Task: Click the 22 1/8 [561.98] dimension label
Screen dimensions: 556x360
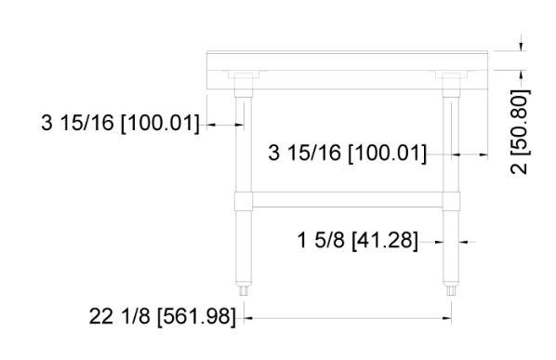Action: (x=162, y=316)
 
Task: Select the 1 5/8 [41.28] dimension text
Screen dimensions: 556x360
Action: (x=357, y=240)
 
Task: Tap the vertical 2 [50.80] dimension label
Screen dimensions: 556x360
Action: (x=520, y=131)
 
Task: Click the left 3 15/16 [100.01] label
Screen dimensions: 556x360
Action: (x=120, y=123)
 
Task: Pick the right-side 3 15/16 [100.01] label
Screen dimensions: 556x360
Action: (x=348, y=153)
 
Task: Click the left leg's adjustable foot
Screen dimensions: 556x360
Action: (x=244, y=290)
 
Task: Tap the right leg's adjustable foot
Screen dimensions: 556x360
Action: (x=451, y=290)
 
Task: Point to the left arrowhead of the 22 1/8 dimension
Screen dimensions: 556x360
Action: (x=248, y=318)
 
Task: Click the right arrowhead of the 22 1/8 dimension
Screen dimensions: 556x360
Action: (x=447, y=318)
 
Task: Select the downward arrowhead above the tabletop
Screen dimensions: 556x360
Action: (x=521, y=47)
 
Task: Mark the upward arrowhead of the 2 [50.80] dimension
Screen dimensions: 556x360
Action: (x=521, y=74)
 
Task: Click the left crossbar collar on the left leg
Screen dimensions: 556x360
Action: (x=244, y=202)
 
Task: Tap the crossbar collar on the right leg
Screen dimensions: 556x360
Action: (x=451, y=202)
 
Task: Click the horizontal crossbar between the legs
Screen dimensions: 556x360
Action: (x=348, y=199)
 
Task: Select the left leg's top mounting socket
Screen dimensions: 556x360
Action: (x=244, y=86)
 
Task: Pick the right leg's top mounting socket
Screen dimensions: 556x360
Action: (x=451, y=86)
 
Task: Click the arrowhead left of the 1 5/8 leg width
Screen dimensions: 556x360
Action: (x=439, y=242)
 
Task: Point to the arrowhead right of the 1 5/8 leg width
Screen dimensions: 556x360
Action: (x=463, y=242)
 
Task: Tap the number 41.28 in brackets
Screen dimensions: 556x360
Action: (x=385, y=240)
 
